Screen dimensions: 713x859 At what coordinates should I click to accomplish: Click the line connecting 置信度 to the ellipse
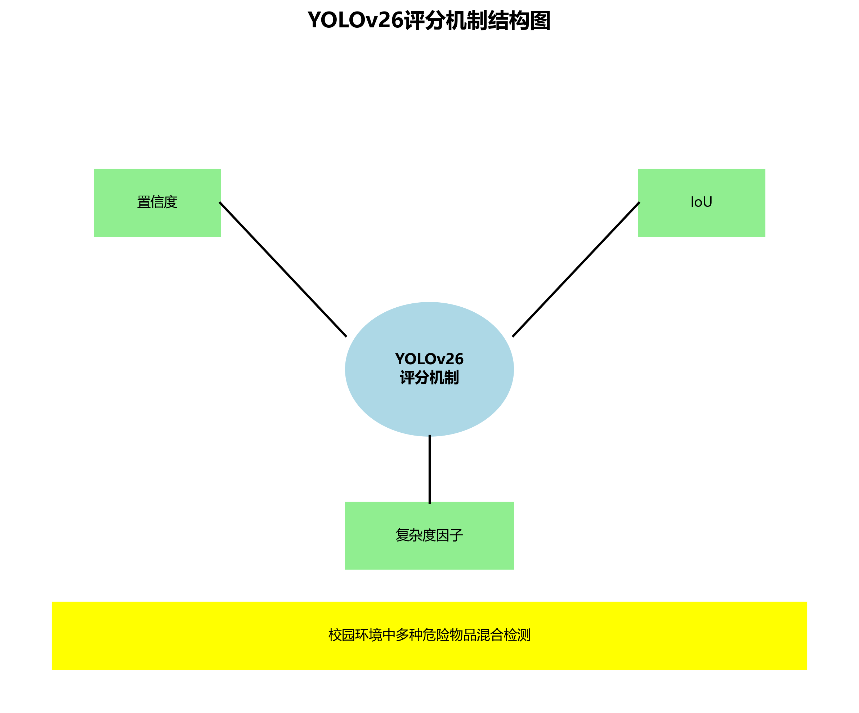click(283, 269)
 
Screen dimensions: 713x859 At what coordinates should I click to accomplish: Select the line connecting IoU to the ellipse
click(576, 269)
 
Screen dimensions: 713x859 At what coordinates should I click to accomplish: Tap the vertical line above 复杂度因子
click(429, 469)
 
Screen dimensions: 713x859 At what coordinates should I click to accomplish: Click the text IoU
click(701, 202)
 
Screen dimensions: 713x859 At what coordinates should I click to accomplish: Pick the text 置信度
click(157, 202)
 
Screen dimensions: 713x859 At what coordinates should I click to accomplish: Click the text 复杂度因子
click(429, 535)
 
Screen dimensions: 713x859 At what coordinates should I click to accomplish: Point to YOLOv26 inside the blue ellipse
click(429, 359)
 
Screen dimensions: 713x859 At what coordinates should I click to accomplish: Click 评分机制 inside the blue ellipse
click(429, 377)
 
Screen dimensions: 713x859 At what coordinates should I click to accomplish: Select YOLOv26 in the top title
click(355, 20)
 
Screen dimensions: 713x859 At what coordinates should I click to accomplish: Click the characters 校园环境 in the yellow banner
click(355, 635)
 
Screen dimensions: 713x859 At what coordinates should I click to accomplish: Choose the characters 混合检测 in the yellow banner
click(504, 635)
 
